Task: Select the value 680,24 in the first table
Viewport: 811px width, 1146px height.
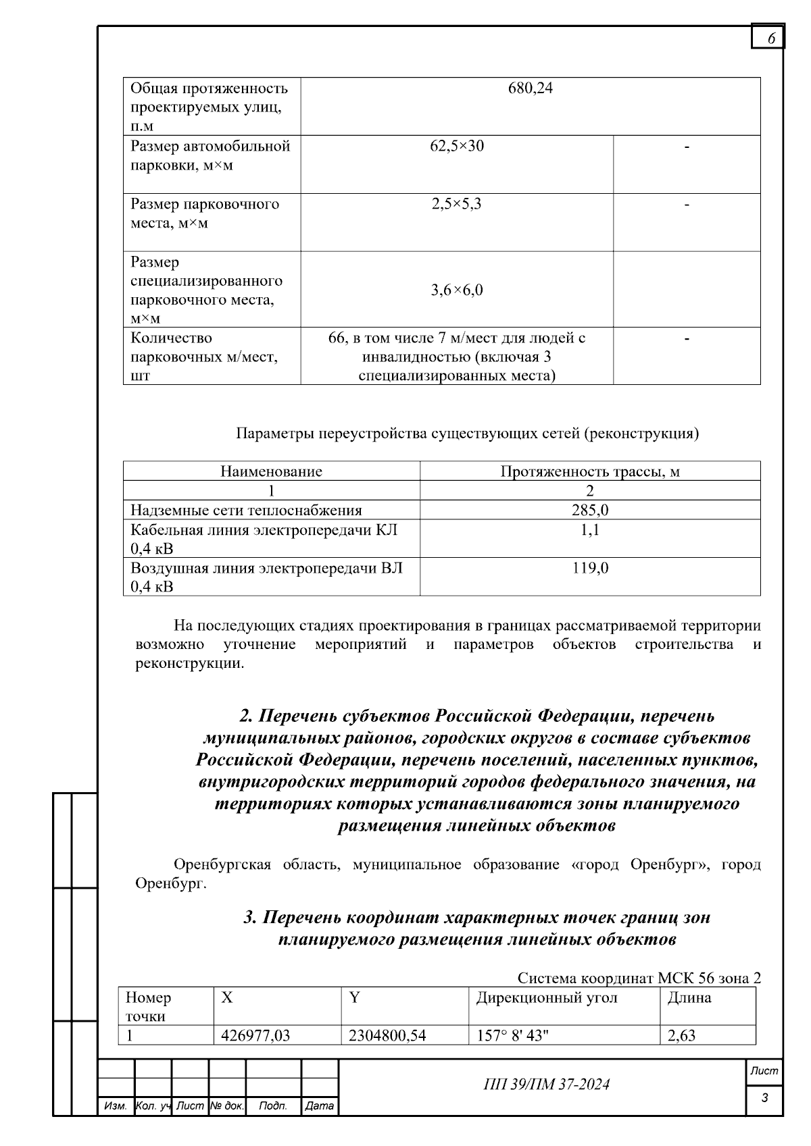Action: (x=530, y=88)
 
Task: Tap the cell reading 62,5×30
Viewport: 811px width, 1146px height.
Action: (x=457, y=146)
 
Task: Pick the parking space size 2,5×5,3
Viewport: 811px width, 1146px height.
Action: (x=457, y=204)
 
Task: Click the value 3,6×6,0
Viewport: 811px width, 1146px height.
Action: (x=457, y=290)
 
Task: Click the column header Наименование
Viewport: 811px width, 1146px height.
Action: (x=271, y=471)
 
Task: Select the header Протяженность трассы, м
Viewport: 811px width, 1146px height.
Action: (x=590, y=471)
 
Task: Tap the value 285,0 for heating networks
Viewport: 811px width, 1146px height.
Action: (x=590, y=511)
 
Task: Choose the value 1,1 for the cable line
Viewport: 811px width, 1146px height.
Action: (x=590, y=530)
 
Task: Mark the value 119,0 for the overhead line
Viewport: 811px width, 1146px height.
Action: (x=590, y=568)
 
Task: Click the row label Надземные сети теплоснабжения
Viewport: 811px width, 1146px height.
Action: (x=246, y=511)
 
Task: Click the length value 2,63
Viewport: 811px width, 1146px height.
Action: (x=681, y=1035)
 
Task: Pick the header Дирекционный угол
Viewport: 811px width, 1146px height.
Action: (x=547, y=998)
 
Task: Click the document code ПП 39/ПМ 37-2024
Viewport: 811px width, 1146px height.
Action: (x=547, y=1085)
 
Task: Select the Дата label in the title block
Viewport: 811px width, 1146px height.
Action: (x=319, y=1106)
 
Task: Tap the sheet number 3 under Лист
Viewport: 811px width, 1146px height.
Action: (x=764, y=1098)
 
